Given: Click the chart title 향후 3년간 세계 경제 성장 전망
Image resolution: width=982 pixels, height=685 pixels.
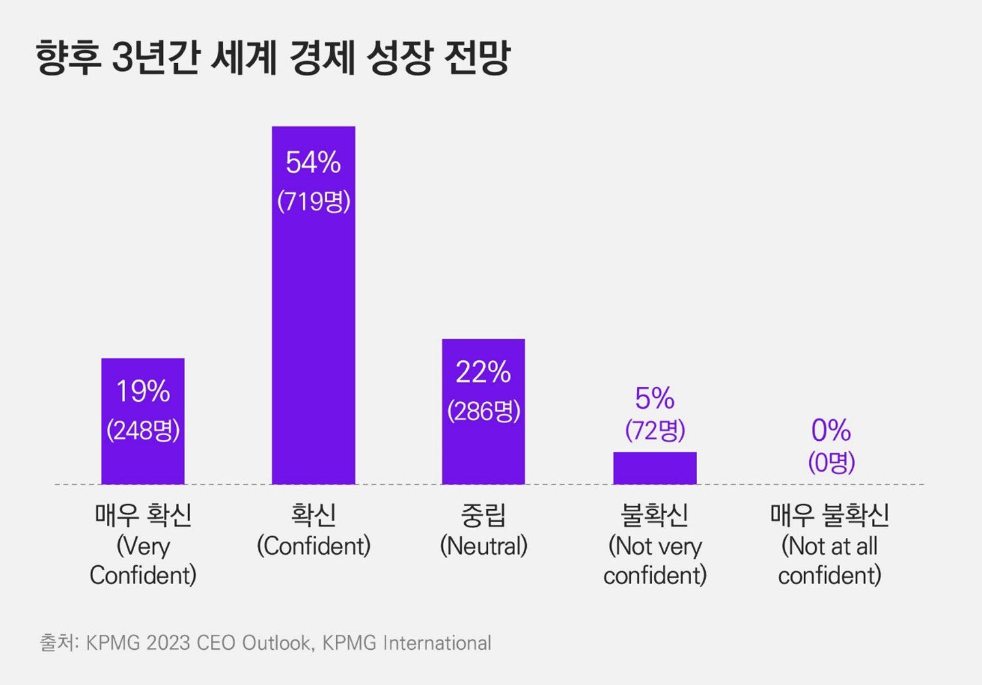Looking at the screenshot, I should click(x=273, y=59).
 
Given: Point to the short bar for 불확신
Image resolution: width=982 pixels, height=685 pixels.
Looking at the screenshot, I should click(x=654, y=468).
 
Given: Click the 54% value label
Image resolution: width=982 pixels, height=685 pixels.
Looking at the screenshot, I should click(x=313, y=163).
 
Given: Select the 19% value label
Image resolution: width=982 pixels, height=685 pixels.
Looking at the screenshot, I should click(x=143, y=391).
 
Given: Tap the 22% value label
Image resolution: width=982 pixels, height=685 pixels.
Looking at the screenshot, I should click(x=483, y=372).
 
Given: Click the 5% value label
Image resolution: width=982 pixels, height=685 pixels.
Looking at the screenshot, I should click(x=654, y=398).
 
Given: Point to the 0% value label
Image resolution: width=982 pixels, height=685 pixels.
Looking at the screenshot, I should click(x=831, y=430).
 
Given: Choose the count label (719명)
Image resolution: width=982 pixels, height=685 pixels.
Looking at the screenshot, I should click(x=313, y=201).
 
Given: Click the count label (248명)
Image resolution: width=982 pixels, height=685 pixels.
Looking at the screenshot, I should click(x=143, y=430).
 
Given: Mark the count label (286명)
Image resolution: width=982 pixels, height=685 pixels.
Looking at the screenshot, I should click(x=483, y=411).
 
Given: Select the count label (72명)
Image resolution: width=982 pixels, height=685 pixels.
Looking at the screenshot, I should click(x=654, y=430).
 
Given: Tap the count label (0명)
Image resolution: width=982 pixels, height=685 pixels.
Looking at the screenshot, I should click(x=831, y=462).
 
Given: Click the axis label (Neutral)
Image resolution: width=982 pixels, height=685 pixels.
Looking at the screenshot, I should click(x=483, y=546).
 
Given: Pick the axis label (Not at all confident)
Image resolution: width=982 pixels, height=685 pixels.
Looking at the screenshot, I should click(x=830, y=561).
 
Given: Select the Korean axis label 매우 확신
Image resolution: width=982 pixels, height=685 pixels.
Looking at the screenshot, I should click(x=143, y=515).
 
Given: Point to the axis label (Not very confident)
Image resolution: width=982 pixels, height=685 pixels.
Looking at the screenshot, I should click(x=654, y=561).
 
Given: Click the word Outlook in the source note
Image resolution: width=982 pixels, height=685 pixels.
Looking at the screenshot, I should click(x=276, y=643).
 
